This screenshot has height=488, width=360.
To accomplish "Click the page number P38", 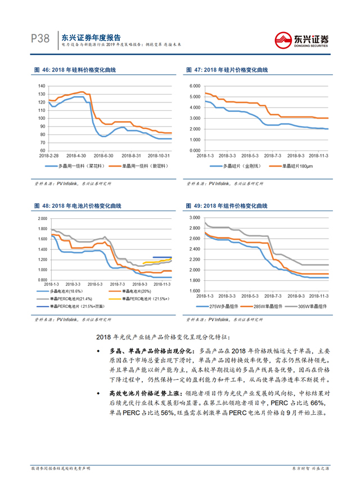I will point(40,38).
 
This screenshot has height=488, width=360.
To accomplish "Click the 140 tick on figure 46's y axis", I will point(41,86).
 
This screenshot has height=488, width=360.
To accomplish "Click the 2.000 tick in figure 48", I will point(42,218).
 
